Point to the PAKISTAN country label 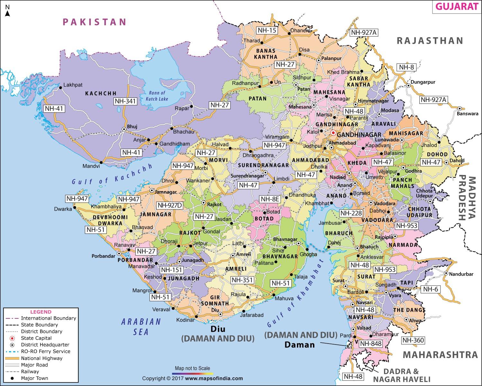[x=94, y=22]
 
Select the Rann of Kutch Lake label [x=157, y=96]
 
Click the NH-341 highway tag [x=125, y=101]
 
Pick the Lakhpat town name [x=73, y=85]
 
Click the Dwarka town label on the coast [x=63, y=209]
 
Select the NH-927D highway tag [x=170, y=205]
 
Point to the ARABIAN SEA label [x=141, y=326]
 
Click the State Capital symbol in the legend [x=12, y=338]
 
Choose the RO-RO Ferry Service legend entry [x=45, y=351]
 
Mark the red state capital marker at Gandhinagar [x=333, y=133]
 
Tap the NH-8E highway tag [x=270, y=199]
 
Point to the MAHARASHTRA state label [x=440, y=355]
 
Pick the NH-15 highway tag [x=267, y=31]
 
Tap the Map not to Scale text [x=192, y=368]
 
